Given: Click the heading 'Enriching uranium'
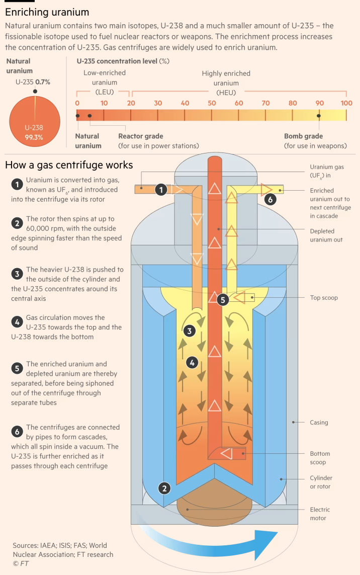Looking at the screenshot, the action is point(47,12).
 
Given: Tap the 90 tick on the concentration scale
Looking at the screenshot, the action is point(320,103).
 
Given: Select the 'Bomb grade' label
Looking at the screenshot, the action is point(304,136).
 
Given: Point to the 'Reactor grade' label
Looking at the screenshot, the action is point(141,136).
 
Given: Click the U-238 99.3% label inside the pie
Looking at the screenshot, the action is point(34,132).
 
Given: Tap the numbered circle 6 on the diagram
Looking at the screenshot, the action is point(270,200).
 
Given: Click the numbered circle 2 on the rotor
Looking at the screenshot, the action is point(164,488).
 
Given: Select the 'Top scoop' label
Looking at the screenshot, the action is point(324,298).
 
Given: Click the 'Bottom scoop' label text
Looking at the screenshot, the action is point(320,458).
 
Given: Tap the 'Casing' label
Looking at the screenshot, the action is point(319,423).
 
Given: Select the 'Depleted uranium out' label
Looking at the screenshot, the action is point(326,235).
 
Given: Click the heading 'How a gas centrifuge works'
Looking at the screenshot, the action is point(69,165).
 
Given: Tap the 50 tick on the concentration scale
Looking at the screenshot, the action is point(212,103).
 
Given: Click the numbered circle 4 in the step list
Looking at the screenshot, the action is point(17,322).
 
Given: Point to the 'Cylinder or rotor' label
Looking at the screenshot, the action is point(321,482).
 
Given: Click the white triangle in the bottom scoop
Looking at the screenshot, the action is point(227,454).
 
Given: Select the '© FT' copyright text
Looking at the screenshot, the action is point(21,563).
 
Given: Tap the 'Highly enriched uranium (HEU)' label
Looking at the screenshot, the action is point(226,83).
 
